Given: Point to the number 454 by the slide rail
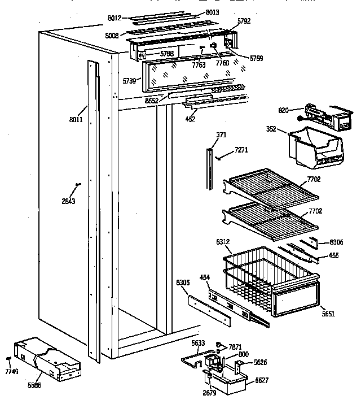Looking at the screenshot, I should click(205, 277).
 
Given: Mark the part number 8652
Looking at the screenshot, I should click(151, 100).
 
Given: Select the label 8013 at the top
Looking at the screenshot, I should click(196, 12).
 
